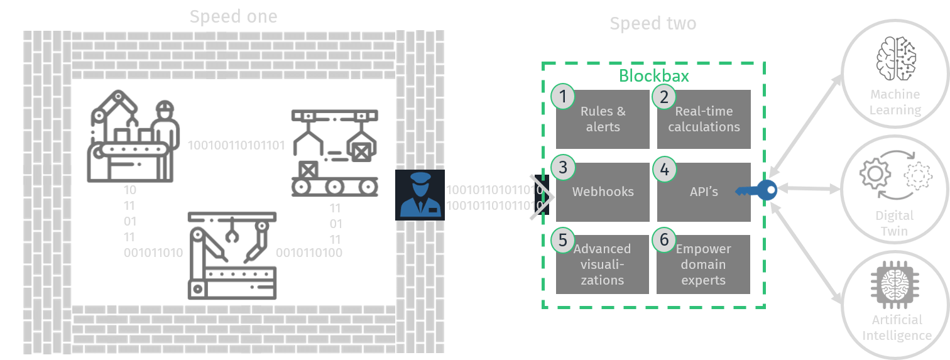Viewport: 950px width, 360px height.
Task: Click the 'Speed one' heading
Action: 233,16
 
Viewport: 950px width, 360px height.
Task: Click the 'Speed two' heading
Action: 653,24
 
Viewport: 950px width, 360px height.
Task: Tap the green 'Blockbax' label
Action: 653,76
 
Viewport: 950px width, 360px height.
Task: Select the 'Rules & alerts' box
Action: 603,119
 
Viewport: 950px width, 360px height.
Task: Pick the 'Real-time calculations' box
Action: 704,119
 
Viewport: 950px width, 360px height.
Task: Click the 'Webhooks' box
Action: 603,192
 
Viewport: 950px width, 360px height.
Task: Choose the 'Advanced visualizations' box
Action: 603,265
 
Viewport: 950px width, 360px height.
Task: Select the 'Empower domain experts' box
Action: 704,265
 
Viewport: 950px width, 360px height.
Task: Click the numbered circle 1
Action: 563,96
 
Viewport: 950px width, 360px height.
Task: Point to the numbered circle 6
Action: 664,241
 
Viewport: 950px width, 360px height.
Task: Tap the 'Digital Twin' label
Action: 895,223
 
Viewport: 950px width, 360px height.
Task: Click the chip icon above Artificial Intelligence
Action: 895,286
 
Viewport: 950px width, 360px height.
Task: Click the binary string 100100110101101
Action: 236,146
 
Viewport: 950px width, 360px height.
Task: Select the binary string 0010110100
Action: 309,253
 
